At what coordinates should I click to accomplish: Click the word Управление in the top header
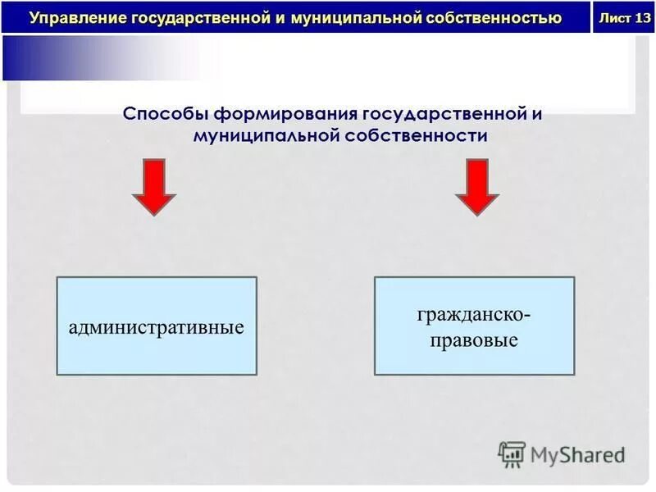coord(70,17)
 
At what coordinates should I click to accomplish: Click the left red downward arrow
coord(154,188)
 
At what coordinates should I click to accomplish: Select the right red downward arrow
coord(477,188)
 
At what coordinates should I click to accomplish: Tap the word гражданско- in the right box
coord(475,314)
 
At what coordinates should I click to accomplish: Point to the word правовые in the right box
coord(475,339)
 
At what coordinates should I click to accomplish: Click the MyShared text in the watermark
coord(577,453)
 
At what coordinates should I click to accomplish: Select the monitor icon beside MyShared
coord(512,453)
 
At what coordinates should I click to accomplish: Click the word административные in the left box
coord(156,327)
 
